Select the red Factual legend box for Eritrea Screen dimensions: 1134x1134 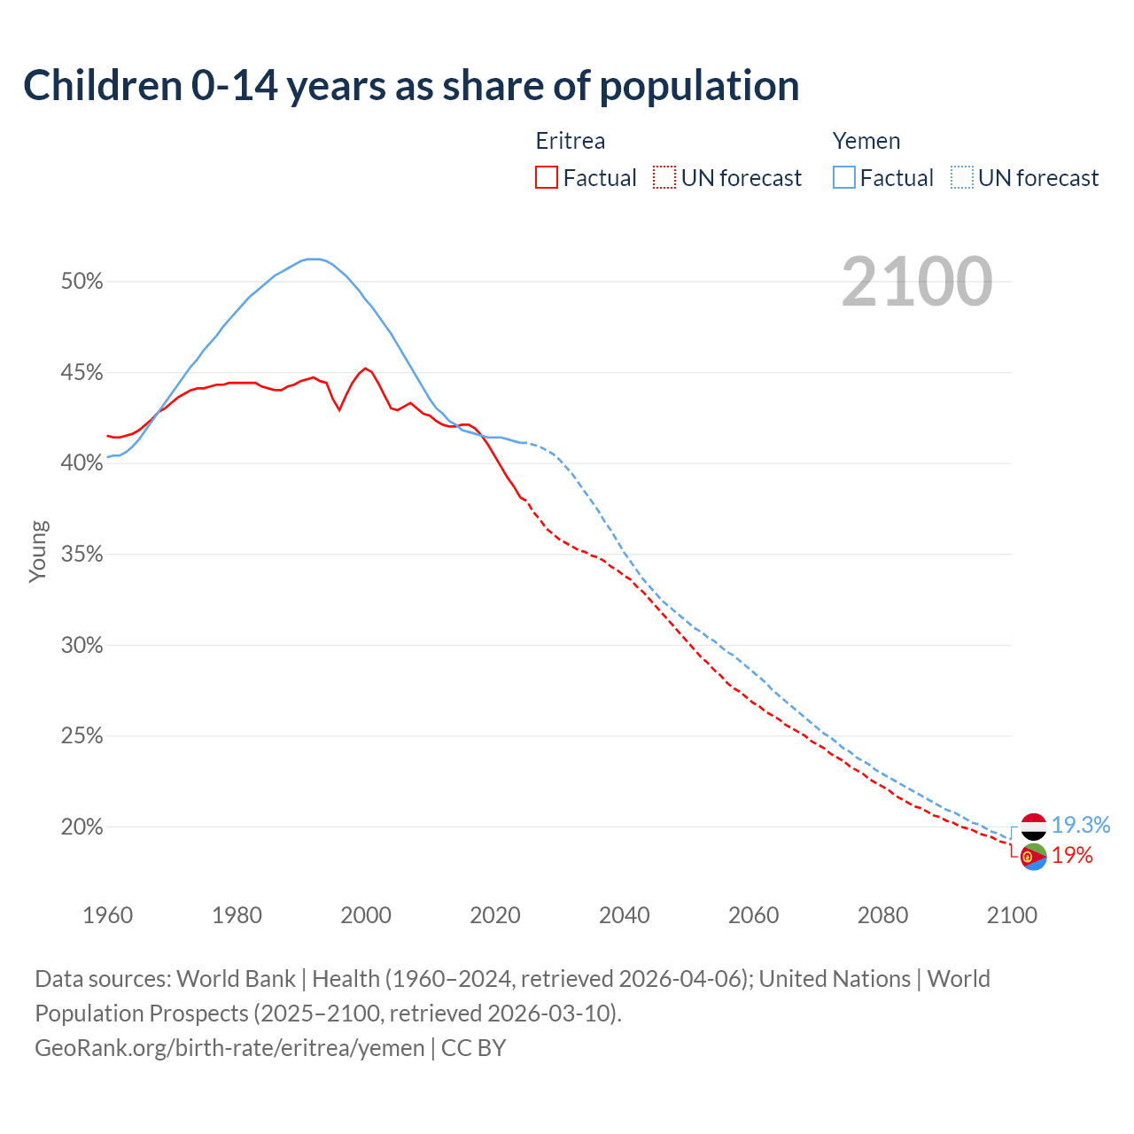pyautogui.click(x=547, y=178)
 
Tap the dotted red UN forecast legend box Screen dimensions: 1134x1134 pyautogui.click(x=664, y=178)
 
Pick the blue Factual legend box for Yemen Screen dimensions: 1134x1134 pyautogui.click(x=843, y=178)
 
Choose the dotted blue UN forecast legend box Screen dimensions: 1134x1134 pyautogui.click(x=961, y=178)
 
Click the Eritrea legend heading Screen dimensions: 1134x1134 pyautogui.click(x=571, y=141)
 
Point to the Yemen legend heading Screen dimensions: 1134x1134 pyautogui.click(x=866, y=141)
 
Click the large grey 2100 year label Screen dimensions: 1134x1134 pyautogui.click(x=916, y=282)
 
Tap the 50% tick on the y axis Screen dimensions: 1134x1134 pyautogui.click(x=82, y=282)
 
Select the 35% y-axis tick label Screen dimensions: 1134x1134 pyautogui.click(x=82, y=555)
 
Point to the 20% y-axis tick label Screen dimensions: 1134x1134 pyautogui.click(x=82, y=827)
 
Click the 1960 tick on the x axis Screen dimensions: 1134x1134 pyautogui.click(x=107, y=915)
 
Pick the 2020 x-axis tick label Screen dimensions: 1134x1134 pyautogui.click(x=495, y=915)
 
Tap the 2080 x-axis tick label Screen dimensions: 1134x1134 pyautogui.click(x=882, y=915)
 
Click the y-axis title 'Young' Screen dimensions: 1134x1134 pyautogui.click(x=38, y=551)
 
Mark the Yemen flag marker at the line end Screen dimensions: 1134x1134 pyautogui.click(x=1034, y=827)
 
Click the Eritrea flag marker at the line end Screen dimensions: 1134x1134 pyautogui.click(x=1034, y=857)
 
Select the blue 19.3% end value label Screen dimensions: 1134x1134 pyautogui.click(x=1081, y=826)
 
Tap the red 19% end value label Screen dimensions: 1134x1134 pyautogui.click(x=1072, y=856)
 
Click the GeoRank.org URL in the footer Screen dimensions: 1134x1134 pyautogui.click(x=229, y=1048)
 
